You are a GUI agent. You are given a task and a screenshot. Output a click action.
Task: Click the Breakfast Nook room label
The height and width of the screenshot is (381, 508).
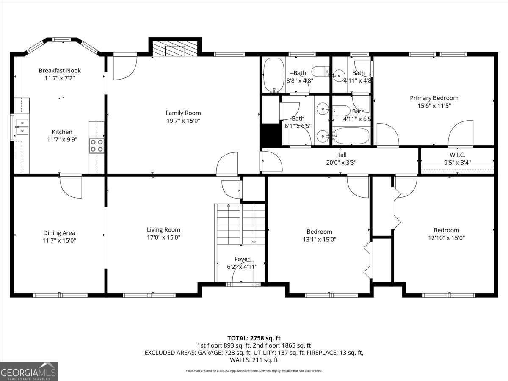[x=59, y=70]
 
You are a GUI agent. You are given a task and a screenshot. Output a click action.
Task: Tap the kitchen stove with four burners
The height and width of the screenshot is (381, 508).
[x=97, y=146]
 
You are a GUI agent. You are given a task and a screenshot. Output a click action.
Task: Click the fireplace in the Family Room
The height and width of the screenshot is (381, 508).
[x=175, y=48]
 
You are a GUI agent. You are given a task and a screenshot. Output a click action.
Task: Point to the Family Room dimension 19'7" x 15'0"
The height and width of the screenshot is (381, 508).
[x=183, y=121]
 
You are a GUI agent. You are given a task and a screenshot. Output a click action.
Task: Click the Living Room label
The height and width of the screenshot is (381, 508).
[x=163, y=229]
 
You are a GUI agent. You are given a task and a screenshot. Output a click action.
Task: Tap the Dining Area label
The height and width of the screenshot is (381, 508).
[x=59, y=232]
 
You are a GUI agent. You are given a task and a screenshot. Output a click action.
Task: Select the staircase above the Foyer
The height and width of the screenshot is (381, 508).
[x=240, y=224]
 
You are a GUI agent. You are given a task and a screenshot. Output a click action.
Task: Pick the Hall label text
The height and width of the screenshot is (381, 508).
[x=341, y=155]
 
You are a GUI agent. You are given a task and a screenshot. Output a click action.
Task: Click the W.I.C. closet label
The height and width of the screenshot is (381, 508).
[x=457, y=155]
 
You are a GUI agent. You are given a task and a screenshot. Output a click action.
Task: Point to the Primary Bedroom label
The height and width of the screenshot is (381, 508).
[x=434, y=98]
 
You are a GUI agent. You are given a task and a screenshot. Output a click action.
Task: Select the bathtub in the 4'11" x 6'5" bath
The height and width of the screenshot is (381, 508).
[x=351, y=136]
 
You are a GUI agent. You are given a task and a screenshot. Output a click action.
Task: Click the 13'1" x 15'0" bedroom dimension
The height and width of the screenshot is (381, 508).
[x=319, y=239]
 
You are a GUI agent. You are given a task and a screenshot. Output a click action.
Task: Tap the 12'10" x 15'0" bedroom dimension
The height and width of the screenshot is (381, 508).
[x=446, y=238]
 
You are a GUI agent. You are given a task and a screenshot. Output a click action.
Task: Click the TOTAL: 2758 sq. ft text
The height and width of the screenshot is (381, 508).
[x=254, y=338]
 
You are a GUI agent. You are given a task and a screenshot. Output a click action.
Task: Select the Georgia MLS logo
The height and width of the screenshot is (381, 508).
[x=29, y=371]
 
